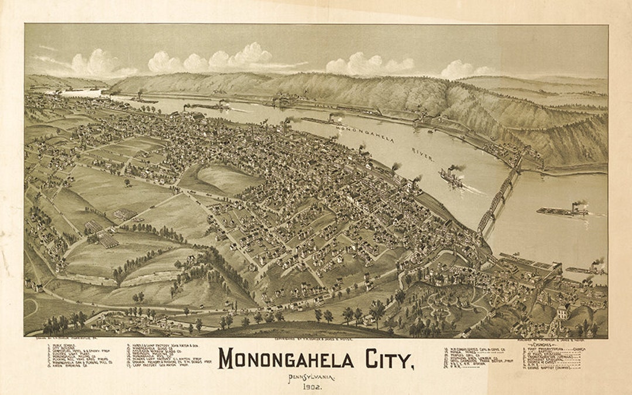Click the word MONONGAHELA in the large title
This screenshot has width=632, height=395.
[286, 359]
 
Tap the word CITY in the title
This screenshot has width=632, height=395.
[386, 359]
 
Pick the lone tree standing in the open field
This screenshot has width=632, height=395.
[127, 183]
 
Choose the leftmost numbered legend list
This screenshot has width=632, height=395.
[73, 355]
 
